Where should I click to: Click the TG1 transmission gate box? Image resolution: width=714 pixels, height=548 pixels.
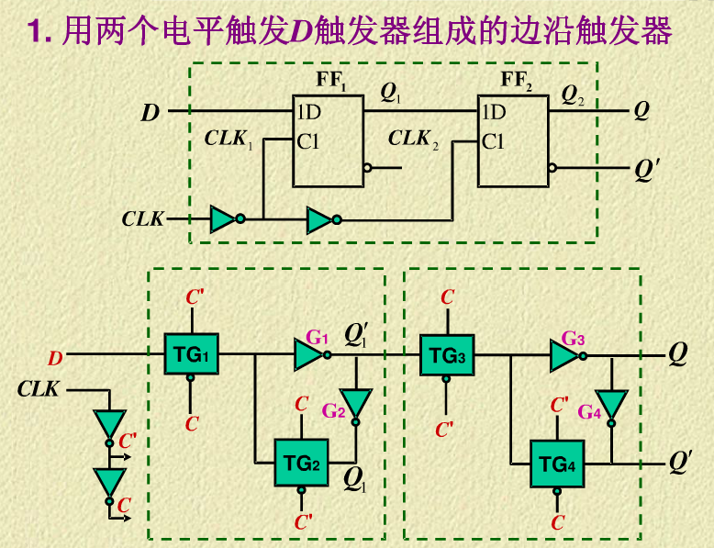coord(191,353)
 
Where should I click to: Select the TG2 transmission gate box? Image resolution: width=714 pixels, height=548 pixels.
coord(301,464)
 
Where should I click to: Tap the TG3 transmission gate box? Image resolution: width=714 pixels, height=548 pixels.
coord(447,354)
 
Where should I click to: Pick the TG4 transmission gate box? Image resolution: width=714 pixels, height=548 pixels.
coord(556,464)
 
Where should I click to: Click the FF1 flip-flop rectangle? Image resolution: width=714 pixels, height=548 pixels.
coord(328,140)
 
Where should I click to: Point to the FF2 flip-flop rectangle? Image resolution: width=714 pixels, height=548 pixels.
coord(512,140)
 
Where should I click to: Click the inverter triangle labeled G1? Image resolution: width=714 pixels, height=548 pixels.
coord(308,353)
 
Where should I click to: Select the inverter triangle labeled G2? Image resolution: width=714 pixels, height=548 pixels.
coord(356,403)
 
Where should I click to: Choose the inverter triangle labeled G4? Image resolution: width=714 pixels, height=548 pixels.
coord(611,404)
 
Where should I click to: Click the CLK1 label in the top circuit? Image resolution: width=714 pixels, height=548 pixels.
coord(228,140)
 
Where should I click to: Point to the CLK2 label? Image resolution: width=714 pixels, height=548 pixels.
coord(413,140)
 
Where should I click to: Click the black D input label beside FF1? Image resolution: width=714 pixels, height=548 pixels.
coord(150,114)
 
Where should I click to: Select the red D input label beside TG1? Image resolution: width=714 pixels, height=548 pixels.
coord(56,358)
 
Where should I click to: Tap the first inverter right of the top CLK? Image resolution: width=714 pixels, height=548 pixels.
coord(223,219)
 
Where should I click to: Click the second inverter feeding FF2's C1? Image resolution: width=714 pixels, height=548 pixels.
coord(320,219)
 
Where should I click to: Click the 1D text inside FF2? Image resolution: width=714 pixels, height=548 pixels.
coord(493,113)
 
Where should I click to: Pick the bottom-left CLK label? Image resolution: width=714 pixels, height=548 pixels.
coord(38,389)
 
